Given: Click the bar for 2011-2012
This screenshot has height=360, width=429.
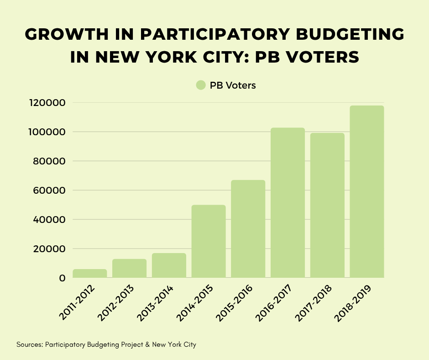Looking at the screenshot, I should [x=89, y=273].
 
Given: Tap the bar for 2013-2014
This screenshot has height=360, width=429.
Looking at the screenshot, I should [x=169, y=265].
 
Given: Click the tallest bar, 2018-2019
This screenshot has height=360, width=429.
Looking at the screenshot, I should [x=367, y=192].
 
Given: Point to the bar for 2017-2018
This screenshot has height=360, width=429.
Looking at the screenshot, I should [x=327, y=206].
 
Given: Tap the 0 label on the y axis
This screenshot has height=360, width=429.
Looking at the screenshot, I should [x=62, y=278].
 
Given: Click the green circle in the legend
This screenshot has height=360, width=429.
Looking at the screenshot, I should [x=201, y=85].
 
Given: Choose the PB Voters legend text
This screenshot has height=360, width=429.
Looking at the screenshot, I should [x=232, y=85].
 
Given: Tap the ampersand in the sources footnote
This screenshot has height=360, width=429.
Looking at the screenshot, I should [x=147, y=344].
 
